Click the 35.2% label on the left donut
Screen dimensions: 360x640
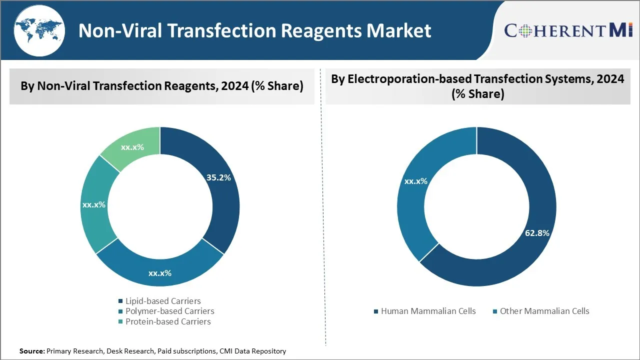[218, 177]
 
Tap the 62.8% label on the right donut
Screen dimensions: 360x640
[537, 233]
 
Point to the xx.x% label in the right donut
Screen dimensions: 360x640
[415, 181]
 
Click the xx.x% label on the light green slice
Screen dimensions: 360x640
[132, 147]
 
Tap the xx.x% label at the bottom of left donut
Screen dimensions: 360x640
[160, 273]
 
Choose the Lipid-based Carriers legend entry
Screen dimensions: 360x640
[163, 301]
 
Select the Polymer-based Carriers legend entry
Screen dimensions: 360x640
[169, 311]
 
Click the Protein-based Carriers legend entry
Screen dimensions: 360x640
[168, 321]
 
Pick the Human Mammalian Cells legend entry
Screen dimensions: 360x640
[428, 311]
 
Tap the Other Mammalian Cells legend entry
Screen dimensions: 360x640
[544, 311]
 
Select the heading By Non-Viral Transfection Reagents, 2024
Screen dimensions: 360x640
[162, 86]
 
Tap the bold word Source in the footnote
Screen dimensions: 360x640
[32, 351]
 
